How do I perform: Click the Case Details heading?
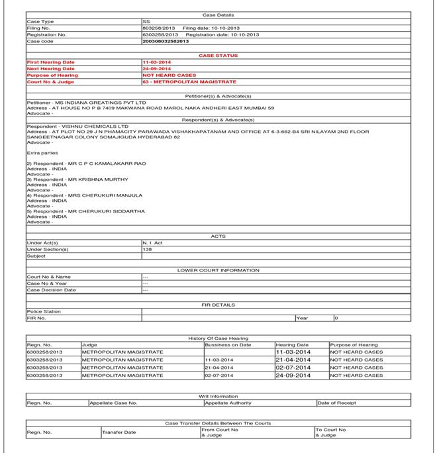coord(218,15)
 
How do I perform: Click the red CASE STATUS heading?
coord(218,56)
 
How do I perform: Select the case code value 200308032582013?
coord(166,41)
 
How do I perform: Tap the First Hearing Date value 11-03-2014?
coord(156,62)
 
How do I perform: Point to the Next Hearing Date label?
coord(51,69)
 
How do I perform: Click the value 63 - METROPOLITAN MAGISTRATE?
coord(189,81)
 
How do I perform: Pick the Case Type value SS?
coord(146,22)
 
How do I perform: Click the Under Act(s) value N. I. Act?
coord(152,243)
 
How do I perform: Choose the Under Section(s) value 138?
coord(147,250)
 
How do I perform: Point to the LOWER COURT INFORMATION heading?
coord(218,270)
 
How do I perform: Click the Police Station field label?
coord(44,311)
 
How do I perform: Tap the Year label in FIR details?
coord(302,318)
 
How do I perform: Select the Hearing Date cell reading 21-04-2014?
coord(293,360)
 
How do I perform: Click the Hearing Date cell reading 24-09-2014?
coord(293,376)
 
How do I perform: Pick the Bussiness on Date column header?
coord(228,345)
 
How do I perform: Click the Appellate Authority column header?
coord(228,403)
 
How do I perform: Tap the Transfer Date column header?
coord(120,432)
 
